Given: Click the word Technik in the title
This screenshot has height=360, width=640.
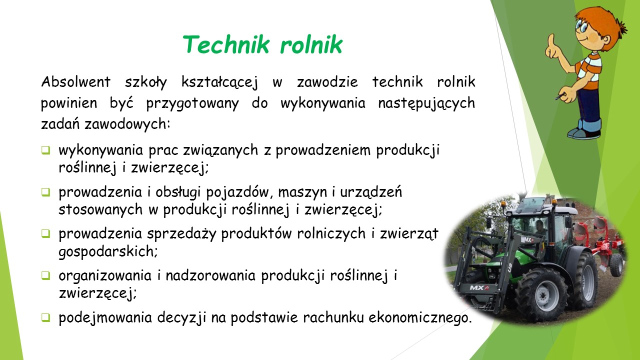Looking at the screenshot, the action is point(226,44).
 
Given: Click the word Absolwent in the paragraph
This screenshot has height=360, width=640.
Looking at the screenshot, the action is point(75,81).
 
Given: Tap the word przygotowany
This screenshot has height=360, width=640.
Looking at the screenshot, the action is point(192,103).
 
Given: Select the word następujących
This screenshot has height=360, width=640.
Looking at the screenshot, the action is point(426,103).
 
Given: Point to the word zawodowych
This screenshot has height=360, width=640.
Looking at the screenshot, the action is point(127,124).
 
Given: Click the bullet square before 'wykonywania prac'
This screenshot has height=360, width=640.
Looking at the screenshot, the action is point(45,150).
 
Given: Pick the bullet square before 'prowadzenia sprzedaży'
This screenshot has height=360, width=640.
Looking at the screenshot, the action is point(45,233).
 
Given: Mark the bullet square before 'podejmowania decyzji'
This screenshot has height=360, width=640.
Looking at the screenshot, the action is point(45,317).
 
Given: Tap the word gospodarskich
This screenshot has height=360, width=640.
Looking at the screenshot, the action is point(108,251).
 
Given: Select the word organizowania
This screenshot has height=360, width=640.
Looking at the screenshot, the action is point(105,276).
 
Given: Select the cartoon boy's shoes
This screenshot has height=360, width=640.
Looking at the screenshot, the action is point(583,133).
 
